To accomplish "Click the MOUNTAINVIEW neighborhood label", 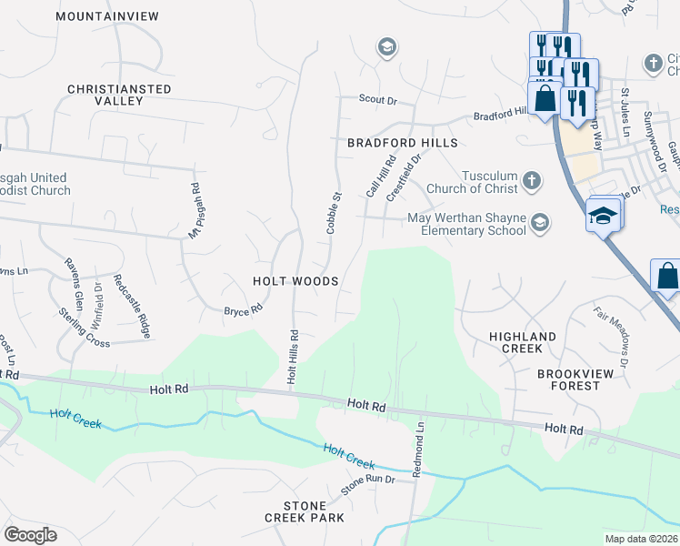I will (106, 16).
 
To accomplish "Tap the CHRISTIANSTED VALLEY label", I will (118, 95).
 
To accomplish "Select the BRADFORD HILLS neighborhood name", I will (402, 144).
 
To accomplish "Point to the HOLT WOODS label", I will (296, 281).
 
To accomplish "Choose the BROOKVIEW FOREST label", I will (581, 379).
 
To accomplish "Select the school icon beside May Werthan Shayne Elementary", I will (540, 223).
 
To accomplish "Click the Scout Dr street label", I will (379, 100).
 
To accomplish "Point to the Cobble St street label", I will (333, 213).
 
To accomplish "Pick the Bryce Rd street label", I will (243, 310).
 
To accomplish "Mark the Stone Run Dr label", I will (367, 484).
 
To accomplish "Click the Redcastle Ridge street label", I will (131, 306).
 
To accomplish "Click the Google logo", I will (30, 534).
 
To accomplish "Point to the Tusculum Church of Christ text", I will (476, 182).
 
